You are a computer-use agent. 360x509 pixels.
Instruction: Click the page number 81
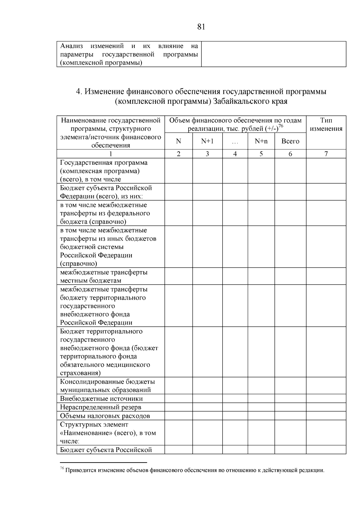201,27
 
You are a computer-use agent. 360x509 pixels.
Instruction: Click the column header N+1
207,141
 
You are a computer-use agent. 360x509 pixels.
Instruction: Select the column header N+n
261,141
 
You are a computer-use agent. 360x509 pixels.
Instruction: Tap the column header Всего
290,141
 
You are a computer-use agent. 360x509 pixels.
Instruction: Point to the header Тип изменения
326,124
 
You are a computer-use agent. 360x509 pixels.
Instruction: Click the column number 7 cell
326,154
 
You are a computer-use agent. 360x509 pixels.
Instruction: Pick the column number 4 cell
235,154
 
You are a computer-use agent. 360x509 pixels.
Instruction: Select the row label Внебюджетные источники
101,399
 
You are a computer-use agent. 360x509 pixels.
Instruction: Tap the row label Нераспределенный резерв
100,407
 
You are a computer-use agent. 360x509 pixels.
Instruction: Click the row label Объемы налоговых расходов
105,416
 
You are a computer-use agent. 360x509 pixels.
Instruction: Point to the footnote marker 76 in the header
281,126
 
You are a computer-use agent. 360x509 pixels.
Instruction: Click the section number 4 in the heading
79,91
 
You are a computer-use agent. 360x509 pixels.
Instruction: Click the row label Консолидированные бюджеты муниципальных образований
107,386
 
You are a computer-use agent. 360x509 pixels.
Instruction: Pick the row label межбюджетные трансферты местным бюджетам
104,276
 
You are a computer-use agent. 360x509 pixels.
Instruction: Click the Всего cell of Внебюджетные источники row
290,399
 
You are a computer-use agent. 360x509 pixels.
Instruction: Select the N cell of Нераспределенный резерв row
178,407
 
